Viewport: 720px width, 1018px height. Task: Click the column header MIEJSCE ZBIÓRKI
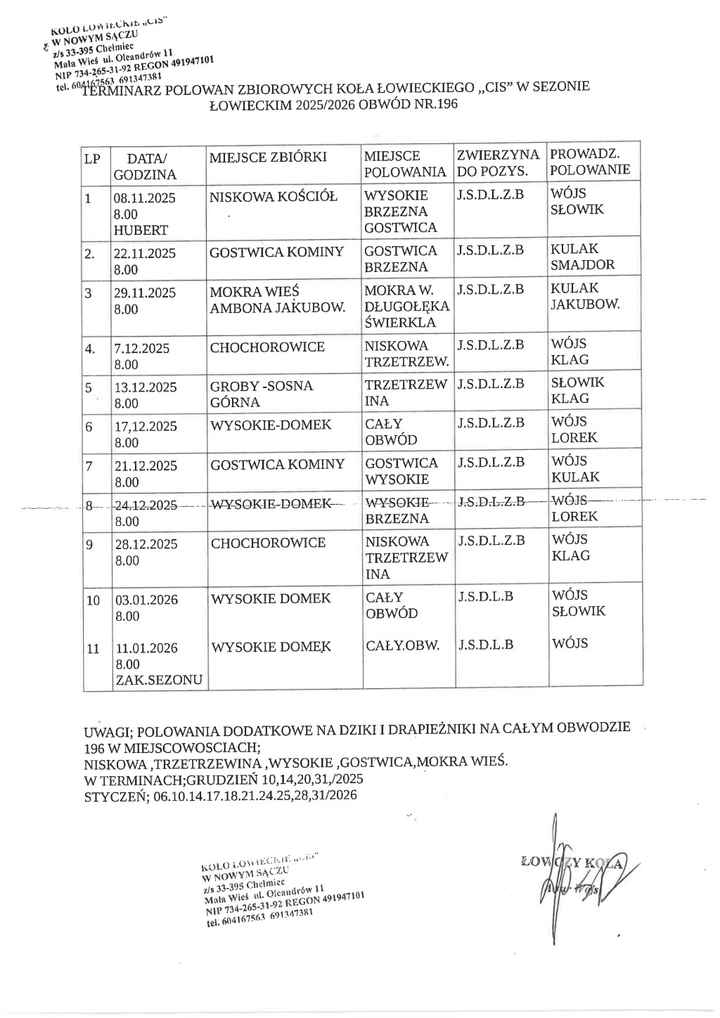point(268,157)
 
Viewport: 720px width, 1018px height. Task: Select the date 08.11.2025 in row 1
point(145,198)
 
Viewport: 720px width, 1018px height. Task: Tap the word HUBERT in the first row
point(141,230)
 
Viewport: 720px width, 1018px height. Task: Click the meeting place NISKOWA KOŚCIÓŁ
point(274,196)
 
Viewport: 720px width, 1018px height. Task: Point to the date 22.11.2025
point(145,253)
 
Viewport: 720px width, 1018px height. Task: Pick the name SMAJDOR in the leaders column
point(583,265)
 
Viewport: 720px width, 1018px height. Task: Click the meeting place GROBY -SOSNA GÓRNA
point(262,394)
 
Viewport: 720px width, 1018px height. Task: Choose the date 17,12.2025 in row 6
point(145,426)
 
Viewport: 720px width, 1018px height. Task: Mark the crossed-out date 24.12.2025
point(146,505)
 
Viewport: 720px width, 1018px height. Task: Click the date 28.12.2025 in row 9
point(145,544)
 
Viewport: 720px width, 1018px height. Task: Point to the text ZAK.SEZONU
point(159,680)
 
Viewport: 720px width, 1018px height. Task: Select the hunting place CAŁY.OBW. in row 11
point(403,645)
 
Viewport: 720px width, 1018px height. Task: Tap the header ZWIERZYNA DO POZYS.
point(498,162)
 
